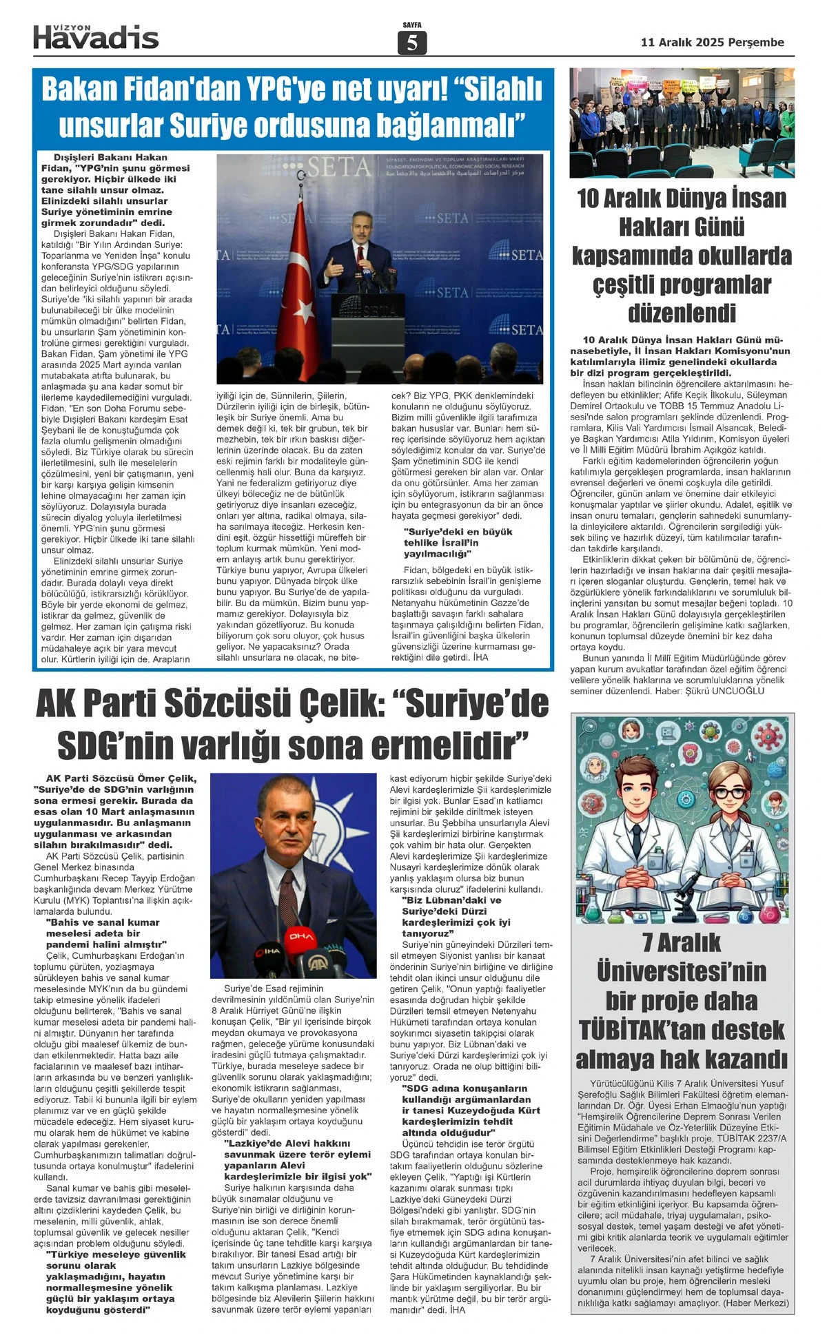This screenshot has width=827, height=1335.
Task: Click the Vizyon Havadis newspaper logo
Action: pos(96,37)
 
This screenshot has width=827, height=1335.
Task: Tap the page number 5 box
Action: pos(412,43)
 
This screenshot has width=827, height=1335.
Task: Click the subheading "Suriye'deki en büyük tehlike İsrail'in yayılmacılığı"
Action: pos(458,542)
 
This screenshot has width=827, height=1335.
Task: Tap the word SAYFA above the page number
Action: pos(412,25)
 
